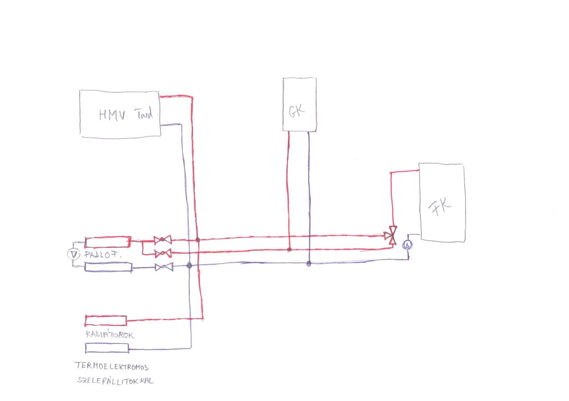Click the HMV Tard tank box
pos(120,114)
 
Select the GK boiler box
pos(299,104)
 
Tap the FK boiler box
pos(442,203)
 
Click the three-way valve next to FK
pos(391,236)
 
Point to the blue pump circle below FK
pos(408,245)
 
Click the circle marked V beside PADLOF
pos(73,255)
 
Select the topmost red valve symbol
pos(162,240)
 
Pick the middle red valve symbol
pos(163,254)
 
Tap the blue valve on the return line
pos(164,267)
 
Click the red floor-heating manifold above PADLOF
pos(108,242)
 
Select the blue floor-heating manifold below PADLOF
pos(109,267)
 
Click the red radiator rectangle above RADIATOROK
pos(106,320)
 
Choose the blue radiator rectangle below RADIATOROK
pos(107,348)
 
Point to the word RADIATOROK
pos(110,335)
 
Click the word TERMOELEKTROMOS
pos(112,367)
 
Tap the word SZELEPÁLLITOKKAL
pos(116,381)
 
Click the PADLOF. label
pos(103,255)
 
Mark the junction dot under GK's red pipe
pos(289,249)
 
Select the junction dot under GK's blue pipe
pos(309,264)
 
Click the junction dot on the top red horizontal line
pos(198,240)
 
